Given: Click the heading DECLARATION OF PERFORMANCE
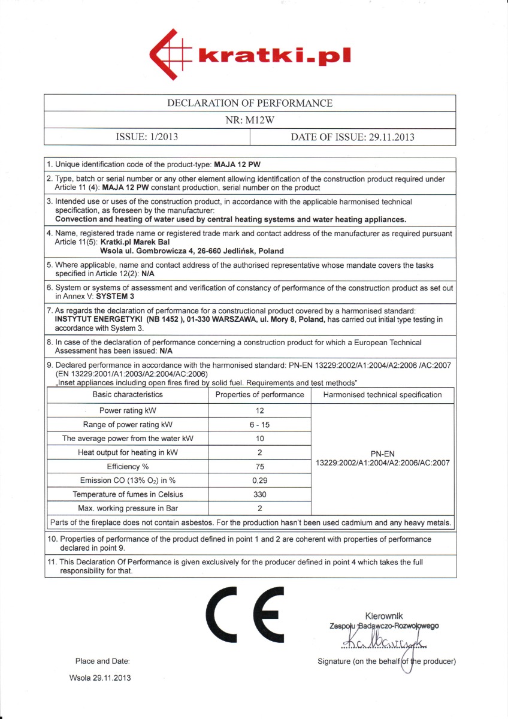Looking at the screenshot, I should [x=250, y=103].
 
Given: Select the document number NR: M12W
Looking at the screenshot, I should [x=250, y=120].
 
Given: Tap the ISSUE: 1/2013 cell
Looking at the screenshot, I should [x=147, y=137].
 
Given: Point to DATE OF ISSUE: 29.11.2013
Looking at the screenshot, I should [x=352, y=137].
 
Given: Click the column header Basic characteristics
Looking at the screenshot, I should [x=128, y=395].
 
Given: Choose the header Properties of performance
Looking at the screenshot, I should [x=260, y=395].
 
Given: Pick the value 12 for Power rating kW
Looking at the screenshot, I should [x=260, y=411].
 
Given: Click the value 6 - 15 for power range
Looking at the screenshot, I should [x=260, y=425].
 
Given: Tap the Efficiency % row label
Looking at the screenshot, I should [x=128, y=467].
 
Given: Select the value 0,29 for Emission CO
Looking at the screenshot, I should [x=260, y=481].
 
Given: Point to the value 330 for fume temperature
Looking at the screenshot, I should [x=260, y=494].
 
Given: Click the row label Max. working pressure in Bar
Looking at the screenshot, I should [x=128, y=509].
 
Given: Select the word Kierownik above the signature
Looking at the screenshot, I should [x=384, y=616].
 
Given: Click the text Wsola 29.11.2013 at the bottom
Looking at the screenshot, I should [x=100, y=678].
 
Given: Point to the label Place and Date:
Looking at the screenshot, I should [x=102, y=661].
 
